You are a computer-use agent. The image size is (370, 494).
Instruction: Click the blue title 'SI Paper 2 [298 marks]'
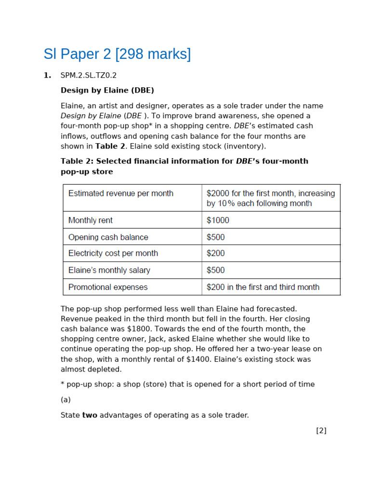click(x=117, y=54)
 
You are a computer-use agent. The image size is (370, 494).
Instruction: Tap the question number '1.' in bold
click(x=47, y=75)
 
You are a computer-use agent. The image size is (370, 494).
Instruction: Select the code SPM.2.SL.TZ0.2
click(x=89, y=75)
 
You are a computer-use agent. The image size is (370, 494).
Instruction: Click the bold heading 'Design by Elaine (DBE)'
click(x=107, y=90)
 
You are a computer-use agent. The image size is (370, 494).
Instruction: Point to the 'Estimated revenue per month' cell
click(x=121, y=193)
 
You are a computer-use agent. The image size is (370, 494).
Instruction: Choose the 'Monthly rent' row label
click(x=91, y=220)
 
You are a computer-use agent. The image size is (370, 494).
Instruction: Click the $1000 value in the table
click(x=218, y=220)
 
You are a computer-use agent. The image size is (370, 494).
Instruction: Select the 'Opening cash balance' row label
click(x=108, y=237)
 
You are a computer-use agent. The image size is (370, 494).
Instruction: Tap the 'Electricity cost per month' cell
click(x=113, y=253)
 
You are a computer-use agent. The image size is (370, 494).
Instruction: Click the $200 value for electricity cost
click(x=215, y=253)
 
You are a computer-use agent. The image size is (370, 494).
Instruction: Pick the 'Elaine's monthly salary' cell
click(x=109, y=270)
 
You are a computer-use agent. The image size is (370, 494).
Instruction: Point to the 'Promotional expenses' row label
click(x=108, y=287)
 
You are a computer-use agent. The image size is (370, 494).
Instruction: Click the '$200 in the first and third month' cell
click(x=263, y=287)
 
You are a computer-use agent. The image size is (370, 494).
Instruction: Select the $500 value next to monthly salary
click(x=215, y=270)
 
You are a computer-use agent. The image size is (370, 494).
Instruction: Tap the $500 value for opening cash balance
click(x=215, y=237)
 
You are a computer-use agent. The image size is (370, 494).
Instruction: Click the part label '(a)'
click(x=66, y=399)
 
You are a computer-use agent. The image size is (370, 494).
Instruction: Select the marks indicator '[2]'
click(x=321, y=430)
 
